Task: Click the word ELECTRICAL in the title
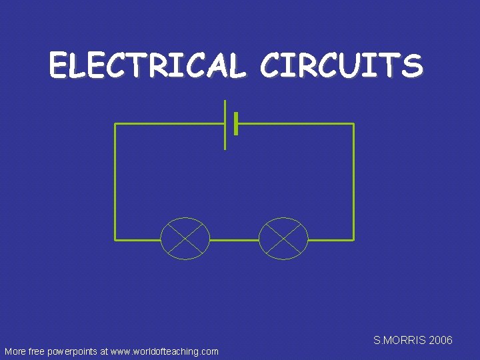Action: pos(147,66)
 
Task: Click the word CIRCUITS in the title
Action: pos(341,66)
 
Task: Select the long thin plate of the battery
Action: pos(225,125)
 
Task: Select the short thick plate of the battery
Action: pos(236,123)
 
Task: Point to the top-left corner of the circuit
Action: pos(115,124)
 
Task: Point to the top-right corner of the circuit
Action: pos(353,124)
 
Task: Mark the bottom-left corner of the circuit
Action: pos(115,239)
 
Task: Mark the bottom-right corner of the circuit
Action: pos(353,239)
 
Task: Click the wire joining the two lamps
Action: pos(234,239)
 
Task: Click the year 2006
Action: pos(441,340)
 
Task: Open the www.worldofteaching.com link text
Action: pos(165,351)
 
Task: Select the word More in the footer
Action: pos(15,351)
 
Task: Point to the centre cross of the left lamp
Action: pos(185,238)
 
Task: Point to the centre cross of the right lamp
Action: pos(283,238)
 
